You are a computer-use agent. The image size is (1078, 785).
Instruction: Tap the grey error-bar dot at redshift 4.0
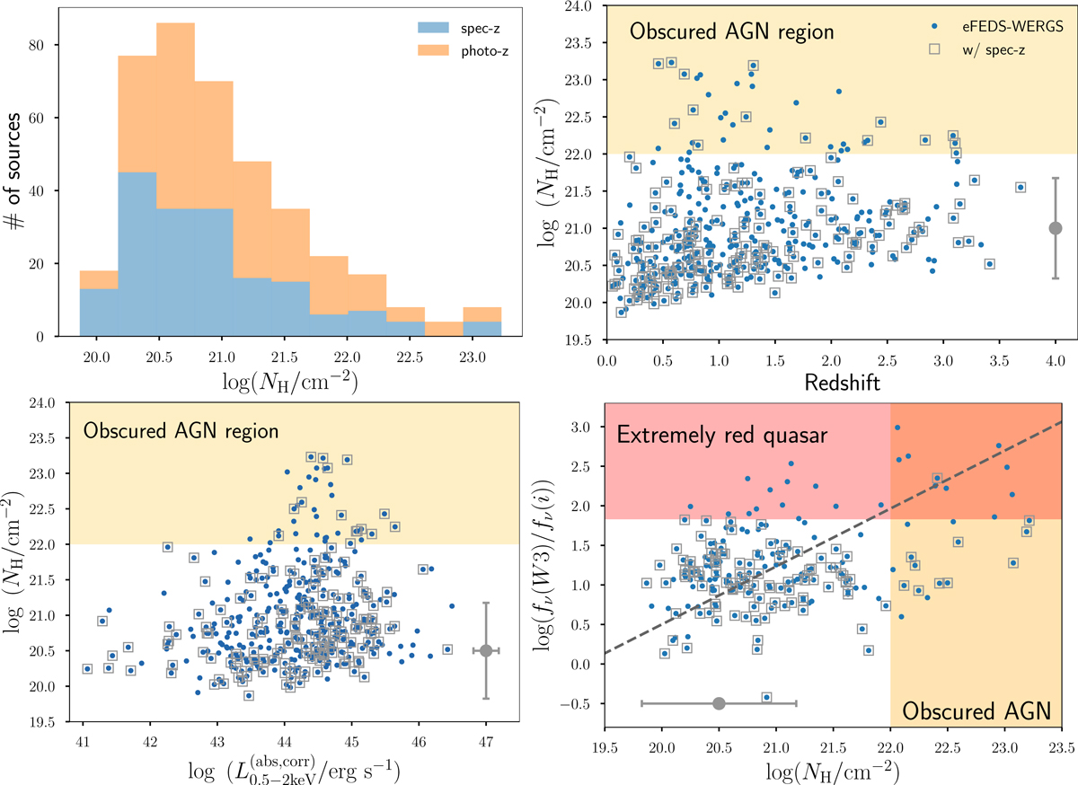[1056, 228]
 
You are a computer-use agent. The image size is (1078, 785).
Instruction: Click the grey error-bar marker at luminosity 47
[486, 650]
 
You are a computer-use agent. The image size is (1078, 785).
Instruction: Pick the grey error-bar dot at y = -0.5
[719, 703]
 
